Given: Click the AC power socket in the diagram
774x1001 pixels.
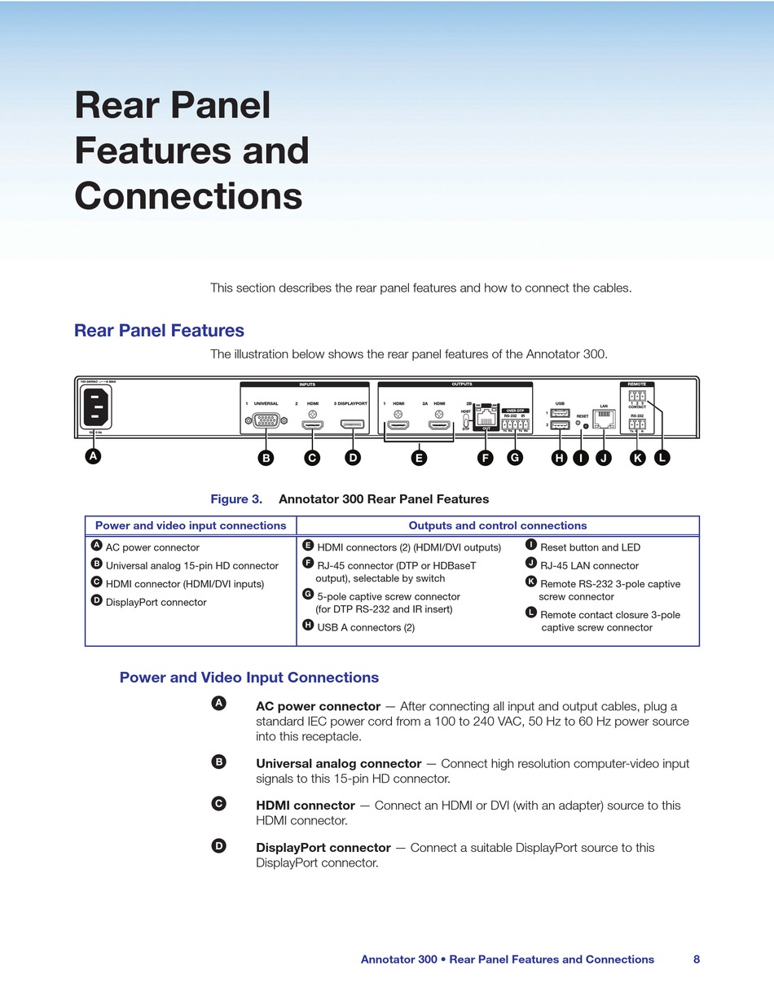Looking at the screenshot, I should point(96,406).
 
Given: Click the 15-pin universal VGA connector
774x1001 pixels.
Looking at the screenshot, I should point(265,421).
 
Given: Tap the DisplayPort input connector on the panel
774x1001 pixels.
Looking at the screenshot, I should point(353,424).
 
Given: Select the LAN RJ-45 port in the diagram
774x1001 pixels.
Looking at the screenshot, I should point(604,419).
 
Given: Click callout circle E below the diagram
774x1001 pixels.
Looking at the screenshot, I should point(419,458).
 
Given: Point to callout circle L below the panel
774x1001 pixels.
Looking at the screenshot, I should point(662,458).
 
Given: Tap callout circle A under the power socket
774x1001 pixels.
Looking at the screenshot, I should point(94,456).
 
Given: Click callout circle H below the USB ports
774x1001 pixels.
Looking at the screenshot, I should point(559,458).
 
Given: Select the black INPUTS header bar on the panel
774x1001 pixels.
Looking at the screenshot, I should point(306,384).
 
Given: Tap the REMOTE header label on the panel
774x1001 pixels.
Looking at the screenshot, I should point(636,384).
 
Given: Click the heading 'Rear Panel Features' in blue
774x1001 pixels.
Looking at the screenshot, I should point(159,331).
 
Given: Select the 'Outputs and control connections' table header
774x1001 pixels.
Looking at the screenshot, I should point(497,526).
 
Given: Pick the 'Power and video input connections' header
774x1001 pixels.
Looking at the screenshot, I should point(191,526).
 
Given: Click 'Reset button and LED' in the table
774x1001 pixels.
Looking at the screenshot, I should point(590,547).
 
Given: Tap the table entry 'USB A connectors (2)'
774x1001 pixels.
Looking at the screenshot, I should point(365,627).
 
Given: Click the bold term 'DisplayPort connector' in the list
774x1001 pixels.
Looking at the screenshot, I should point(323,848).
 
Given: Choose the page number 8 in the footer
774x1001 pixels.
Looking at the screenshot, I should point(697,959).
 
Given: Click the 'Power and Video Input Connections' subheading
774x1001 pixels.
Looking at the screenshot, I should point(248,678).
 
